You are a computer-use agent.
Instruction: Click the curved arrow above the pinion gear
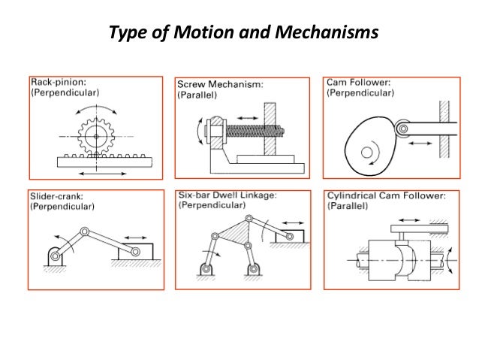[x=97, y=108]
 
